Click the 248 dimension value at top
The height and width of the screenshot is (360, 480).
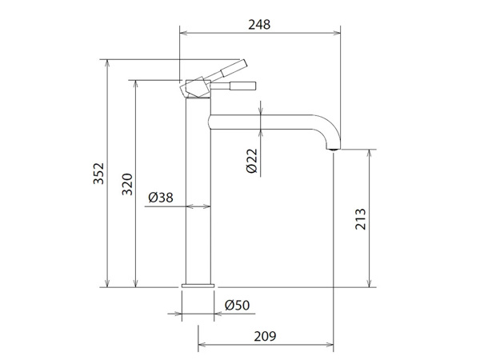click(259, 25)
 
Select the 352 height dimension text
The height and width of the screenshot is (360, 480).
click(98, 174)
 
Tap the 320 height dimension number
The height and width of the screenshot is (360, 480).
click(127, 184)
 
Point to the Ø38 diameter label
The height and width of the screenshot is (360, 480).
click(161, 198)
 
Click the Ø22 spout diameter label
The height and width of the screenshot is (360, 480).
click(252, 161)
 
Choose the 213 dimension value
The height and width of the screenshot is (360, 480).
click(361, 219)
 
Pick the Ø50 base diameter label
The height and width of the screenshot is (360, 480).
click(238, 306)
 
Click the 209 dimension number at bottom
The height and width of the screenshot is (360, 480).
click(265, 336)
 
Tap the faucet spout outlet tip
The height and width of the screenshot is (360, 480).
click(333, 149)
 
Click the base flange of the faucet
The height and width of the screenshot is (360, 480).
click(198, 286)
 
